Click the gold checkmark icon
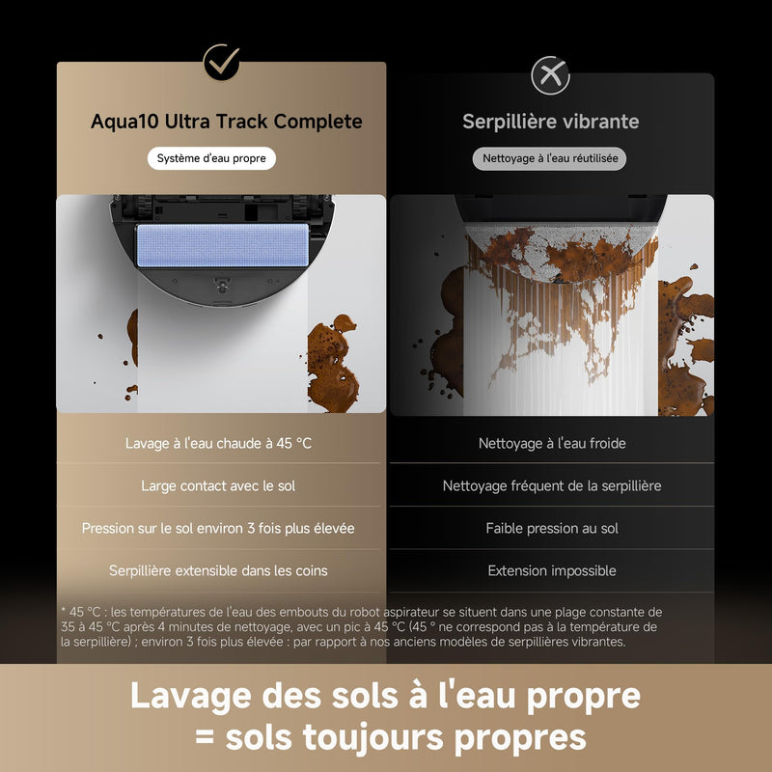[222, 62]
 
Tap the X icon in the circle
[550, 75]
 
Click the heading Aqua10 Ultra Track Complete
[227, 122]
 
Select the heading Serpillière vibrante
[550, 122]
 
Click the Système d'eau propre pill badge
[211, 158]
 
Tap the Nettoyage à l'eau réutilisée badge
[549, 158]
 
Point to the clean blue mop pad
[223, 245]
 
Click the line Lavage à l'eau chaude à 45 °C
[218, 443]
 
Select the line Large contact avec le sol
[218, 486]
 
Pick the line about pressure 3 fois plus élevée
[218, 528]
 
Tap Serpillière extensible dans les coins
[218, 570]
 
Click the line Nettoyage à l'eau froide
[552, 443]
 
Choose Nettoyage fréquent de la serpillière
[552, 486]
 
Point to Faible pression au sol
[552, 528]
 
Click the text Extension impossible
[552, 570]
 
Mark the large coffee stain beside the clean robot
[332, 364]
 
